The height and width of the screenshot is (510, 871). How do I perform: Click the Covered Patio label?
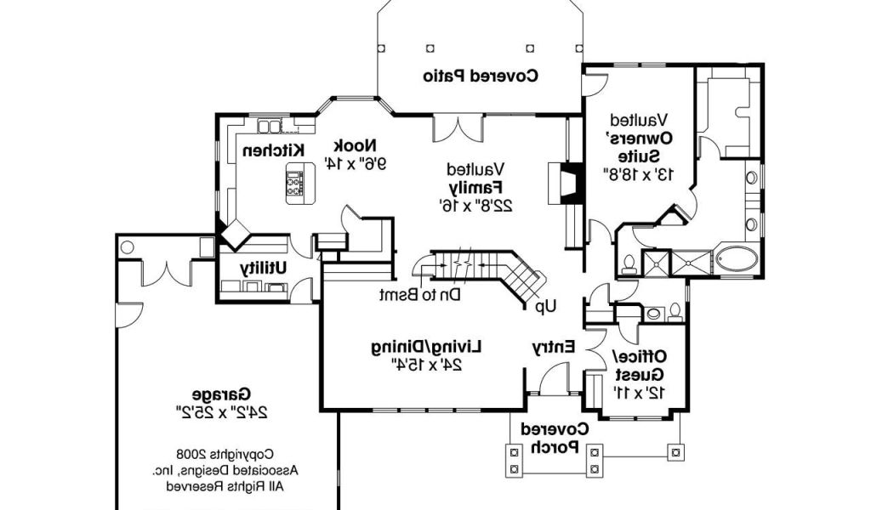coord(481,76)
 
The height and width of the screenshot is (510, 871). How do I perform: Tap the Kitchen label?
coord(273,150)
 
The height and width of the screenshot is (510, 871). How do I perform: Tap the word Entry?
coord(554,347)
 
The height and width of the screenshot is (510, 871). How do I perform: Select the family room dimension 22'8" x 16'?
coord(475,204)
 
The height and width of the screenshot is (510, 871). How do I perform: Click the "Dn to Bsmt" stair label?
coord(420,295)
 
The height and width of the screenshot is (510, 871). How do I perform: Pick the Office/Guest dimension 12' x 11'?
coord(637,392)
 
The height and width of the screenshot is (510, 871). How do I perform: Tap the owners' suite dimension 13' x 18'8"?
coord(638,174)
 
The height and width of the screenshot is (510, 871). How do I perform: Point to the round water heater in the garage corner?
coord(127,247)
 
